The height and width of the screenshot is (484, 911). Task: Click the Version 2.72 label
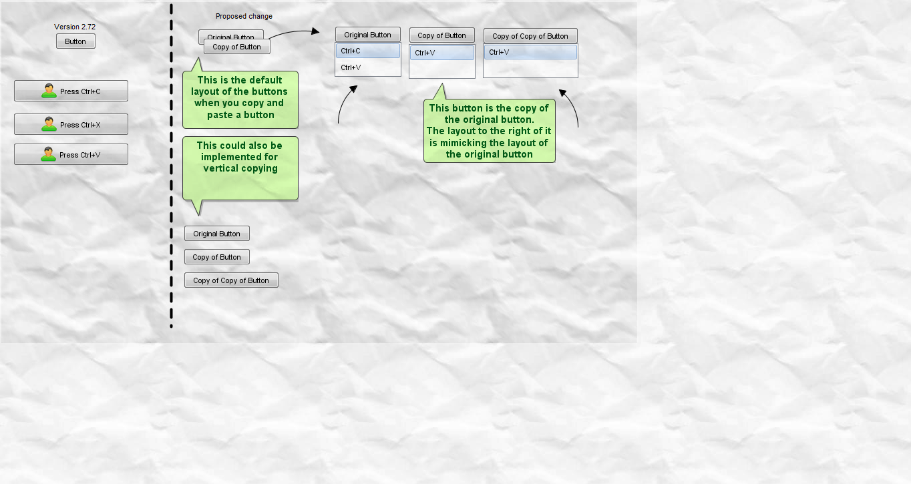pos(75,27)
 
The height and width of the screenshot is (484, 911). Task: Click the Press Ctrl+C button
pos(71,91)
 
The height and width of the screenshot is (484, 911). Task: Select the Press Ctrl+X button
pos(71,124)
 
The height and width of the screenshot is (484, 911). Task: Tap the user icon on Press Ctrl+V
pos(48,154)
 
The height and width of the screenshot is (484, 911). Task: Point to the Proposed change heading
pos(244,16)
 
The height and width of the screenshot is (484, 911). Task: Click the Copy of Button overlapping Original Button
pos(236,47)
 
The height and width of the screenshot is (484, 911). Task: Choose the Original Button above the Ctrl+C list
pos(367,35)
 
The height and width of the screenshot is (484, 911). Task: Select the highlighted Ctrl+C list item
pos(367,51)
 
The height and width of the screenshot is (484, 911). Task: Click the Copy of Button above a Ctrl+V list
pos(441,35)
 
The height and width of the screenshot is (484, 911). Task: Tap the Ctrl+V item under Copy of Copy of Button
pos(530,52)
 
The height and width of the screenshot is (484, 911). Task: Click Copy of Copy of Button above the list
pos(530,36)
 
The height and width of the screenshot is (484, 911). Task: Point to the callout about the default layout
pos(240,97)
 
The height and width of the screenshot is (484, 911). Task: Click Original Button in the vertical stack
pos(217,234)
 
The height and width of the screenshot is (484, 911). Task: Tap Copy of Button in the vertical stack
pos(217,257)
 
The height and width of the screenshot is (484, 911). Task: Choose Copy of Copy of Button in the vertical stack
pos(231,280)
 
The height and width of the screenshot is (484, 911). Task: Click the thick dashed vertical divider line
pos(171,166)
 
